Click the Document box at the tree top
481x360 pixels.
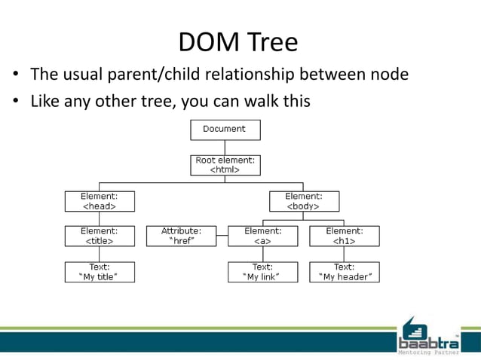(225, 130)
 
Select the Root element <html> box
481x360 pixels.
(225, 165)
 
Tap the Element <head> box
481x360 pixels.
(100, 201)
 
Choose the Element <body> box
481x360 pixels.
(304, 201)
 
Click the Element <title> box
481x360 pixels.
(100, 236)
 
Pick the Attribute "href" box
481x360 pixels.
(181, 236)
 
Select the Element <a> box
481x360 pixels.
(263, 236)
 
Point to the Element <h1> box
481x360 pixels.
(344, 236)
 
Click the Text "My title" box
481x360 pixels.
(100, 272)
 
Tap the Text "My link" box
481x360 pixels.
(263, 272)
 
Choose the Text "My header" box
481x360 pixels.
(344, 272)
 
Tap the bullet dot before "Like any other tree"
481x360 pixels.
(14, 101)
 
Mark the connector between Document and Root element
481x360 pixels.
(225, 148)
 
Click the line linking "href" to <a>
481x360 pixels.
(222, 236)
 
